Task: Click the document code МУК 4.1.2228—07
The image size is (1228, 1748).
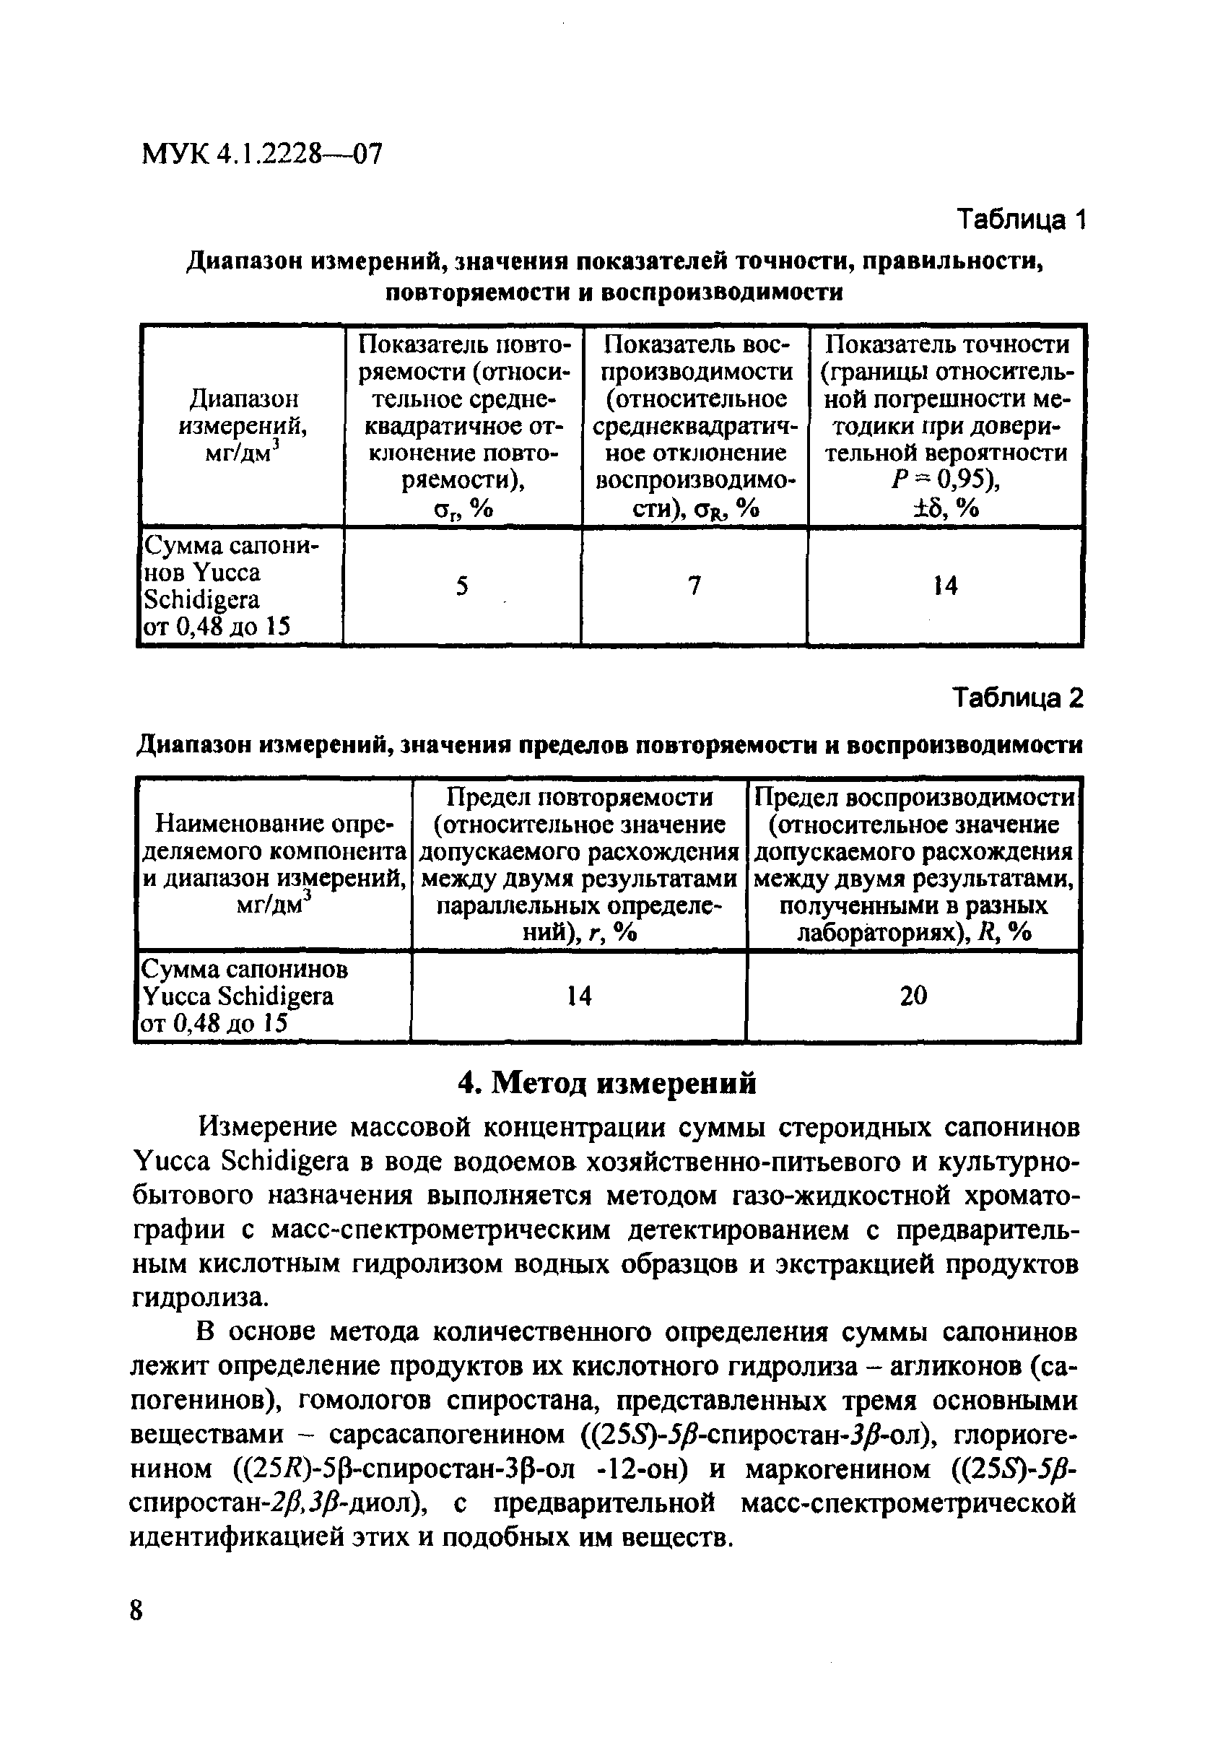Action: click(x=262, y=155)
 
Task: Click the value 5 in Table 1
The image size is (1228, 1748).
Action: click(x=462, y=586)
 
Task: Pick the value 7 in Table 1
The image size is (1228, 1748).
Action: click(x=694, y=586)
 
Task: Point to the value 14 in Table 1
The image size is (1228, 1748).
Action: click(x=945, y=586)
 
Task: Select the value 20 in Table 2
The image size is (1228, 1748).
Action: click(x=913, y=996)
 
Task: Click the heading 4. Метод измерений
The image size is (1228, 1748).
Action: click(x=606, y=1082)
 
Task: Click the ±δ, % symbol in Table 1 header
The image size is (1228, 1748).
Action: click(x=944, y=508)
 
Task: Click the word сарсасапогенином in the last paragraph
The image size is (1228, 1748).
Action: click(x=447, y=1435)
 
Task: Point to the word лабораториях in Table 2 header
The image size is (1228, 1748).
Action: click(x=878, y=933)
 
